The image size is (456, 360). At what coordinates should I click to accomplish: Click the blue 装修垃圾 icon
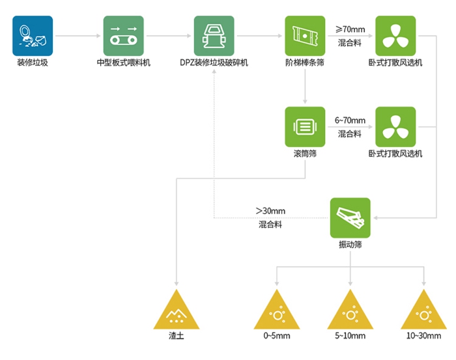point(33,36)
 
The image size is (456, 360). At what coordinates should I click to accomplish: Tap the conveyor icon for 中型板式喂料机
point(123,36)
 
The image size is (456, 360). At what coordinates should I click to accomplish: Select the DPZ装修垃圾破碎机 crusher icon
point(214,36)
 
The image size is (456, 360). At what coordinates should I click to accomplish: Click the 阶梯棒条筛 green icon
point(304,36)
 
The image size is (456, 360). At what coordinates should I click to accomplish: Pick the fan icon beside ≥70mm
point(395,36)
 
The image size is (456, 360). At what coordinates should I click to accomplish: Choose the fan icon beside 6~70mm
point(395,127)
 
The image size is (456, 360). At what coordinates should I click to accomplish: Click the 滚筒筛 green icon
point(304,127)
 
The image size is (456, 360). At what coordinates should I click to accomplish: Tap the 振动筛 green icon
point(350,218)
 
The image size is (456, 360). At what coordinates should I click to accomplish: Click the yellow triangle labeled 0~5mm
point(278,311)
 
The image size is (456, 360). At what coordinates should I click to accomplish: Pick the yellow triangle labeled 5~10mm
point(350,311)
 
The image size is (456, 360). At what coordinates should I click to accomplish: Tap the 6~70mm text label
point(350,120)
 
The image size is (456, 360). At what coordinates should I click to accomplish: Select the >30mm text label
point(270,211)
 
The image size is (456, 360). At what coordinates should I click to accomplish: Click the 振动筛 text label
point(350,245)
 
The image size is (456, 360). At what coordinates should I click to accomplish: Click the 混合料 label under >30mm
point(270,225)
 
